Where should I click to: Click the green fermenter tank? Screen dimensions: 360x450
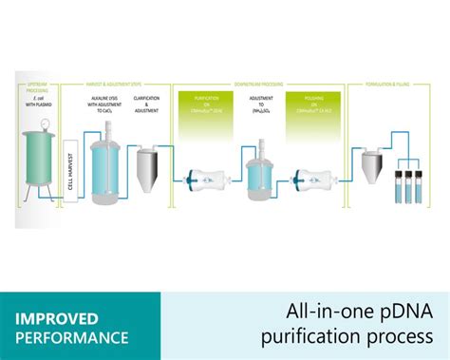click(x=40, y=160)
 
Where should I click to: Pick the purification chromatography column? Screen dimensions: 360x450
click(x=201, y=178)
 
